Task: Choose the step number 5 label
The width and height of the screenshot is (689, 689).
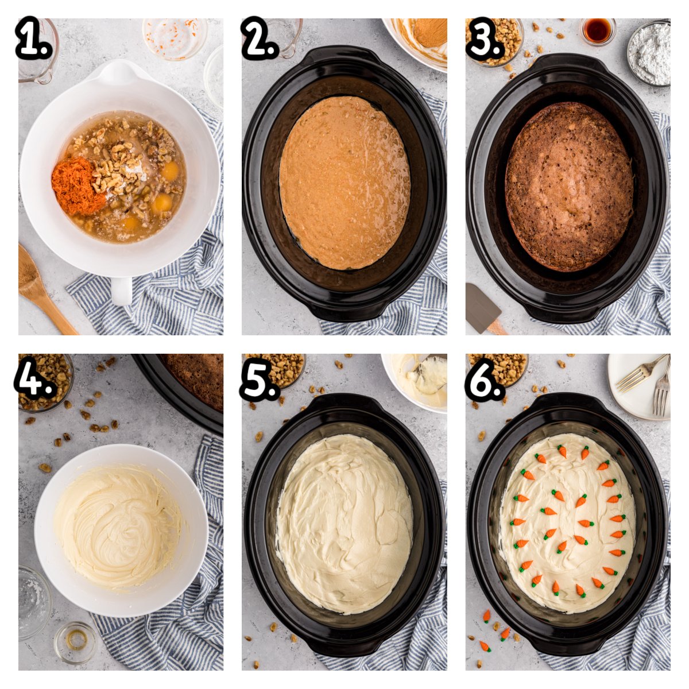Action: (x=259, y=376)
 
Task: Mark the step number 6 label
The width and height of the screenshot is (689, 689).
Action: (x=485, y=376)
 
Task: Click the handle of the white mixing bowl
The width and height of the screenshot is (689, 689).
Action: (x=122, y=289)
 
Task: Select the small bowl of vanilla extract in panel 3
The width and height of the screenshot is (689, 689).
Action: (x=598, y=31)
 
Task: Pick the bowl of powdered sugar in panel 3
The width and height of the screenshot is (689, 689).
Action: (x=649, y=53)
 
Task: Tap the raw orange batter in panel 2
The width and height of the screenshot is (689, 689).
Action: (x=345, y=183)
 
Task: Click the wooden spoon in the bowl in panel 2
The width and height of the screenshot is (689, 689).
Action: (x=430, y=33)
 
